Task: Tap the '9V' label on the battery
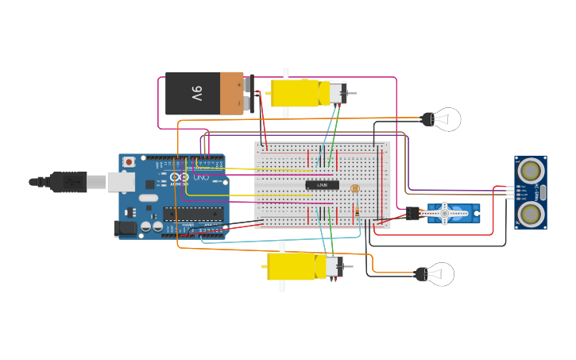click(196, 94)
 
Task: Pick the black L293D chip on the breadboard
click(322, 185)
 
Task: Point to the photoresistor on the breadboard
click(355, 189)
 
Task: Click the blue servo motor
click(453, 213)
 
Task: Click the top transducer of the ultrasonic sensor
click(530, 169)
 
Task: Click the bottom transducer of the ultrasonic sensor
click(530, 212)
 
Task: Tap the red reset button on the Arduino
click(129, 162)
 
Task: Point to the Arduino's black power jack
click(125, 228)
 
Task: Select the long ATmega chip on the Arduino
click(193, 213)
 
